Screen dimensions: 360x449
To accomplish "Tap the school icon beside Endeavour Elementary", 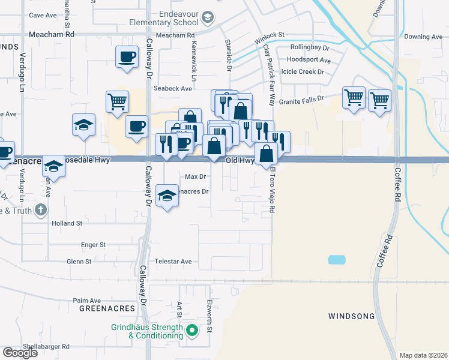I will (x=208, y=17).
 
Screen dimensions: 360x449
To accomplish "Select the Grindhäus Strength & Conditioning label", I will (x=146, y=331).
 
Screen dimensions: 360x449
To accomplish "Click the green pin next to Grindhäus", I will (x=192, y=329).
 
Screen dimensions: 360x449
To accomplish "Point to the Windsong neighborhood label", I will (x=351, y=316).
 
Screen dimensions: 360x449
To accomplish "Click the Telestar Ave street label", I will (x=175, y=262).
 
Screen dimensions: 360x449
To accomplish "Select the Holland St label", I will (x=67, y=223).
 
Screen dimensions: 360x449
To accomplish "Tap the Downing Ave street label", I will (x=423, y=37).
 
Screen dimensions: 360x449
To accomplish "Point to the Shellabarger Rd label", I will (x=46, y=346).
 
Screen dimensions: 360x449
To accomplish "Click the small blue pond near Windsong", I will (x=337, y=260).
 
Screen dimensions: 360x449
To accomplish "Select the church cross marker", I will (x=40, y=209).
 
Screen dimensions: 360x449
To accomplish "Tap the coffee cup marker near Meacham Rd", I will (x=127, y=58).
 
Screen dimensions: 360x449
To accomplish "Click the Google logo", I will (x=20, y=353).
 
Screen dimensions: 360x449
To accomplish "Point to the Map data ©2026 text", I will (x=423, y=355).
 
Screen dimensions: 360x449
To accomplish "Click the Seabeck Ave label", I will (x=172, y=88).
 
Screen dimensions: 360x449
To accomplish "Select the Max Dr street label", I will (x=196, y=176).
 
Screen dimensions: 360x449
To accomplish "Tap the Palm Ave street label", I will (x=87, y=301).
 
